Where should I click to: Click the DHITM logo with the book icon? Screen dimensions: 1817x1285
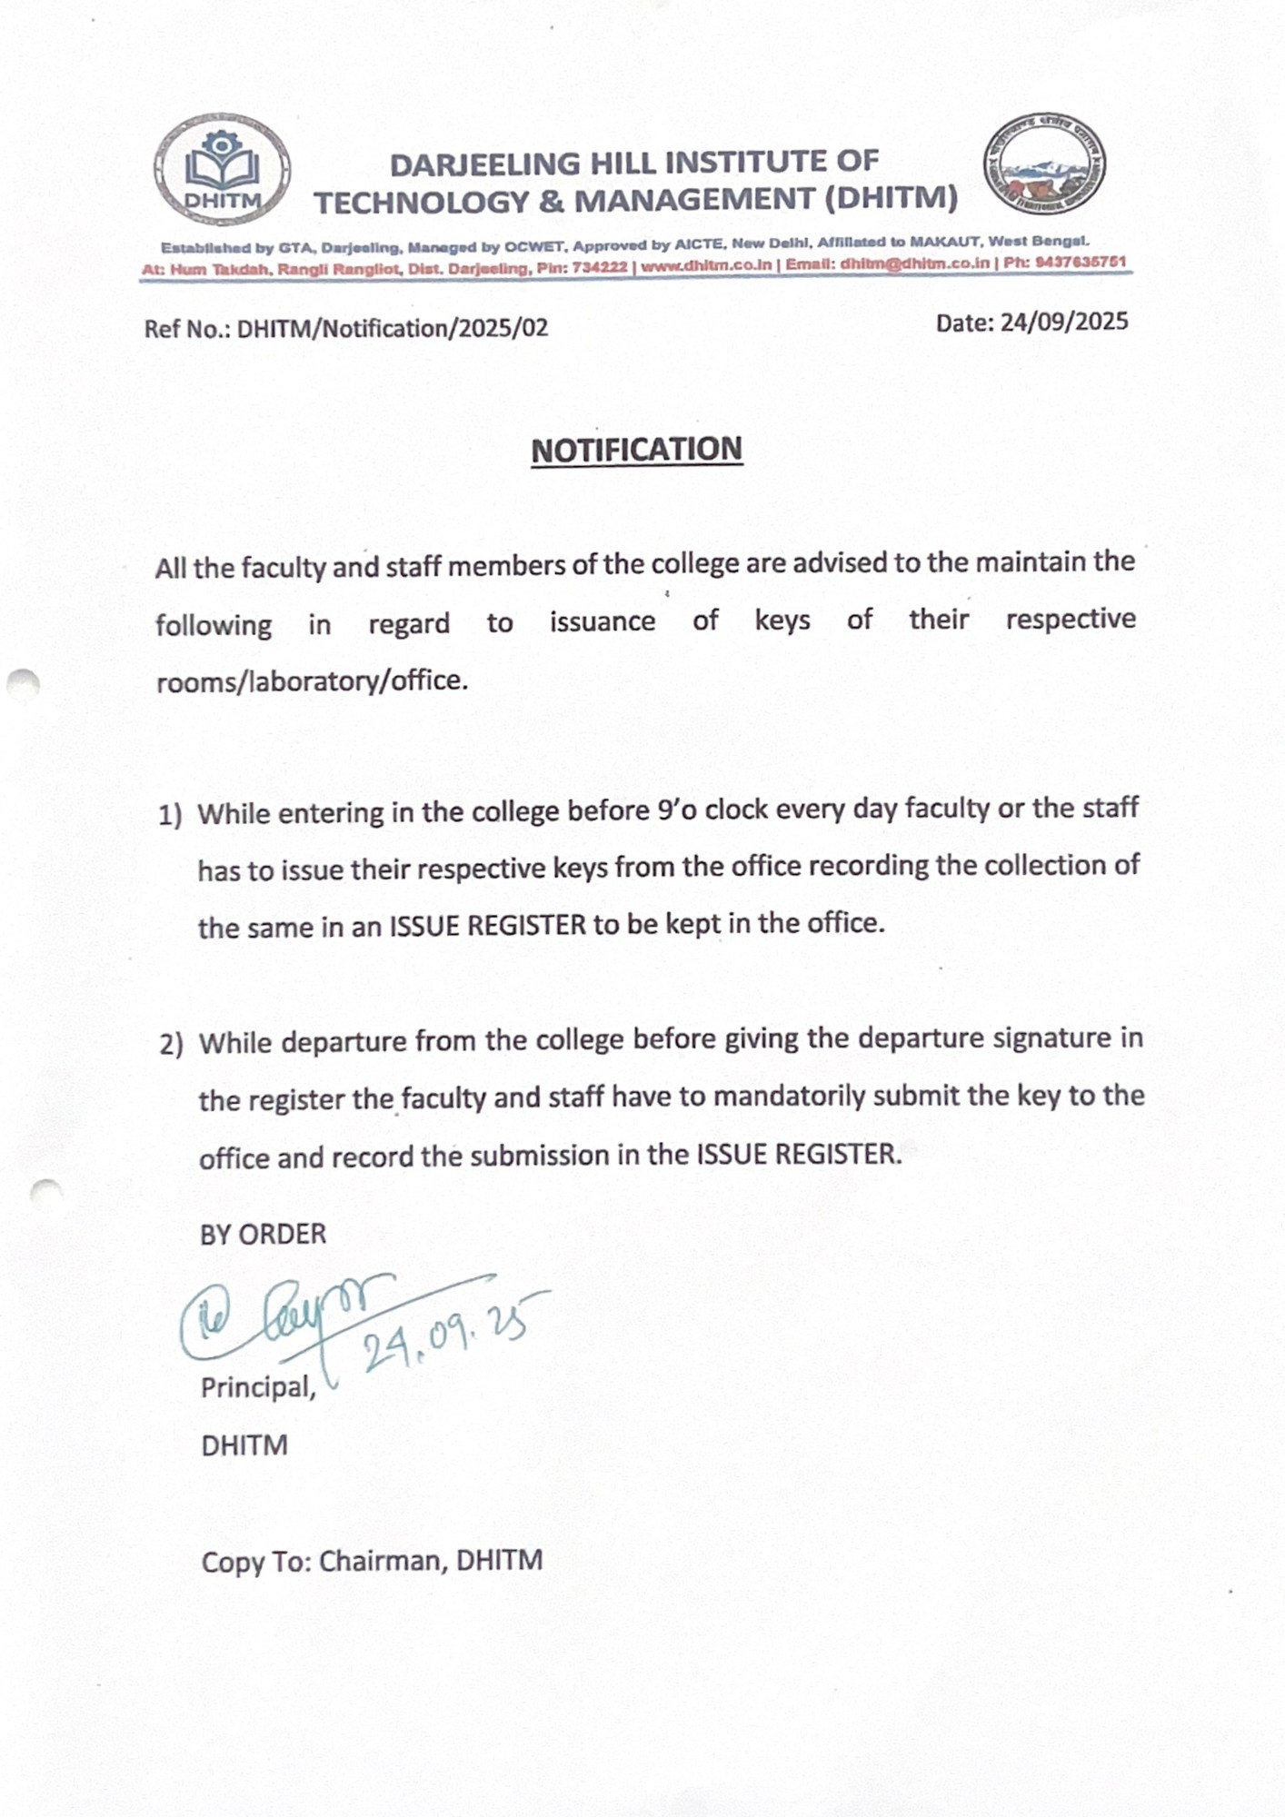tap(222, 170)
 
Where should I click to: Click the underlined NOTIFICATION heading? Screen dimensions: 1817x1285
tap(636, 450)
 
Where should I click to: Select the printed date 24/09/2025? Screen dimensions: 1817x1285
tap(1063, 323)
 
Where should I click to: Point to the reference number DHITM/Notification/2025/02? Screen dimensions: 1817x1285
tap(393, 328)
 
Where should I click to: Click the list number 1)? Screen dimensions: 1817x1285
tap(170, 815)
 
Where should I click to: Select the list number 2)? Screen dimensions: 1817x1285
tap(171, 1045)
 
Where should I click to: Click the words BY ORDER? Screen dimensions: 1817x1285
tap(263, 1234)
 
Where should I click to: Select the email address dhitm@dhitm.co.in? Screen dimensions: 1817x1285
tap(914, 263)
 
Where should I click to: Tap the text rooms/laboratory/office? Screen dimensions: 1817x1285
tap(312, 680)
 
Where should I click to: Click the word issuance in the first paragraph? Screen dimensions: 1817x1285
tap(602, 621)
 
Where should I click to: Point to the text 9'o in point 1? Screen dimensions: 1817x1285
tap(676, 809)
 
